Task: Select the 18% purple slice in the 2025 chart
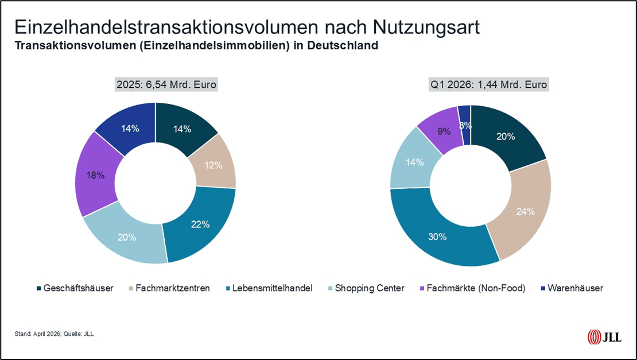pos(96,176)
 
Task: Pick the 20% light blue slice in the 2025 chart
pos(127,237)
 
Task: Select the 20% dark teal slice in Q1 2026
pos(506,137)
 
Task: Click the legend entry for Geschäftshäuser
pos(75,288)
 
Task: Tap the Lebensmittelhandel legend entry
pos(268,288)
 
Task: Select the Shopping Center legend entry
pos(366,288)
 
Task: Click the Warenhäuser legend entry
pos(570,288)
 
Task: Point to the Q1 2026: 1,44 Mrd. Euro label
pos(489,85)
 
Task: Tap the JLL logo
pos(604,336)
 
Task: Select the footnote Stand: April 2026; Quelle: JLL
pos(54,334)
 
